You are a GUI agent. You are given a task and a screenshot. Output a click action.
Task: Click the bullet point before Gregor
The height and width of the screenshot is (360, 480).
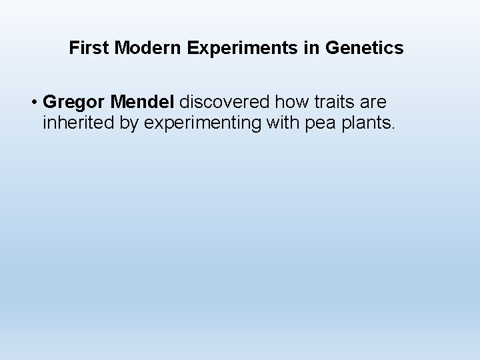tap(33, 103)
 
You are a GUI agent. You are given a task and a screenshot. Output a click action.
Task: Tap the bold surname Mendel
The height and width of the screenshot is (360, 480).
tap(139, 103)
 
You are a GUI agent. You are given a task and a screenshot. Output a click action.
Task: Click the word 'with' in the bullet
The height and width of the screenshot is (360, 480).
tap(269, 123)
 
